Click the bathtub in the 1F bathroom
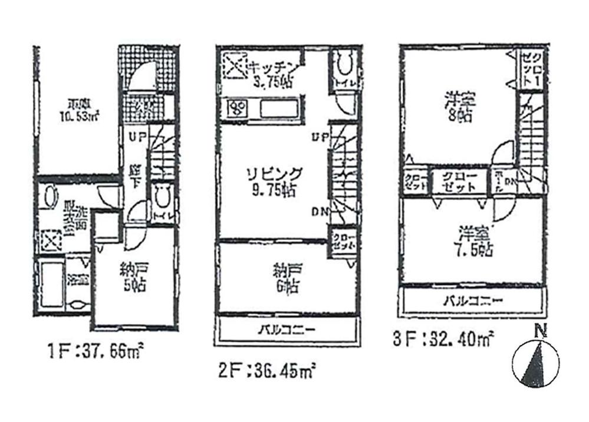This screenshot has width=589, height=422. [x=48, y=285]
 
